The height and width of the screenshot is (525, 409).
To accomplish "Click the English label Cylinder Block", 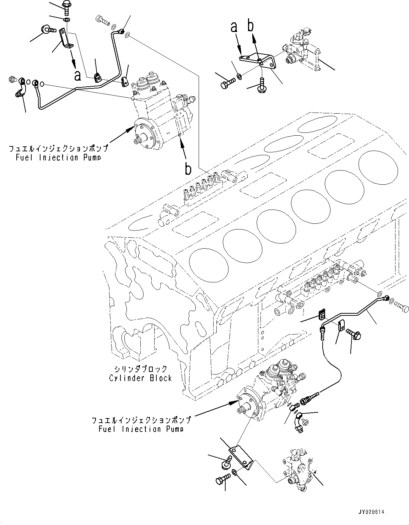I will [x=140, y=378].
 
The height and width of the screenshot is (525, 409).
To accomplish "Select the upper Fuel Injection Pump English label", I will [x=58, y=157].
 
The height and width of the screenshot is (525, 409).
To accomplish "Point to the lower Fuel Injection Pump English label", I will [x=141, y=429].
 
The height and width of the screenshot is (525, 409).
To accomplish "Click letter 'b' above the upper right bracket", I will [x=251, y=27].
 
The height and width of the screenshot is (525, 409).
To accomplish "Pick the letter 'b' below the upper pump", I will [x=188, y=169].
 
